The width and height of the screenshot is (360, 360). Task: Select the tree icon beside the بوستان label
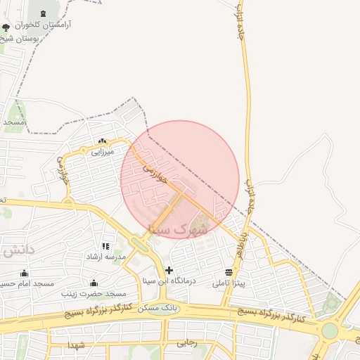click(6, 28)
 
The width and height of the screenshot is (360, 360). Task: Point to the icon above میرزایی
click(103, 141)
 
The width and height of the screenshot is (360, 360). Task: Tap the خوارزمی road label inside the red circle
click(155, 174)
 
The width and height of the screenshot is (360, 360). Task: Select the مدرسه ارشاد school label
click(105, 257)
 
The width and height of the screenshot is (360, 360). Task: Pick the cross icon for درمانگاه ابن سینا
click(169, 270)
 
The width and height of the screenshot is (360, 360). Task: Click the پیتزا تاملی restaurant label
click(231, 283)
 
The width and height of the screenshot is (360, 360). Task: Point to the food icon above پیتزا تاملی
click(229, 272)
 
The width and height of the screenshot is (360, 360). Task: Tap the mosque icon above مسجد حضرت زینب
click(93, 283)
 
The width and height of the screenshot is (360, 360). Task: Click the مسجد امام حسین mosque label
click(27, 283)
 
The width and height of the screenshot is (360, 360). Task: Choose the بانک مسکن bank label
click(159, 308)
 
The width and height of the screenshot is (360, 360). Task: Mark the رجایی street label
click(186, 344)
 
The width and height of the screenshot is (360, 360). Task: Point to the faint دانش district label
click(18, 250)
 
